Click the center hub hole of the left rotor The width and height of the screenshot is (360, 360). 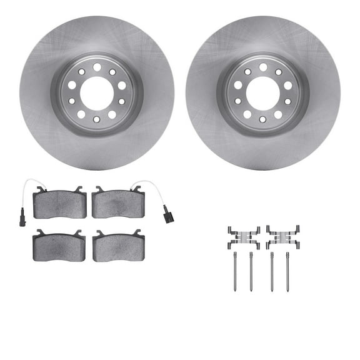pos(97,93)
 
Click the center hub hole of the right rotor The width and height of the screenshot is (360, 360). pos(263,93)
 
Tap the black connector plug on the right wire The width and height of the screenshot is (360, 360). pos(165,218)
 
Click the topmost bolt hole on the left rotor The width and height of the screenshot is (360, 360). pos(97,67)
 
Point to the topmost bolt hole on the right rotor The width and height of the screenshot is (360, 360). pos(263,67)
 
